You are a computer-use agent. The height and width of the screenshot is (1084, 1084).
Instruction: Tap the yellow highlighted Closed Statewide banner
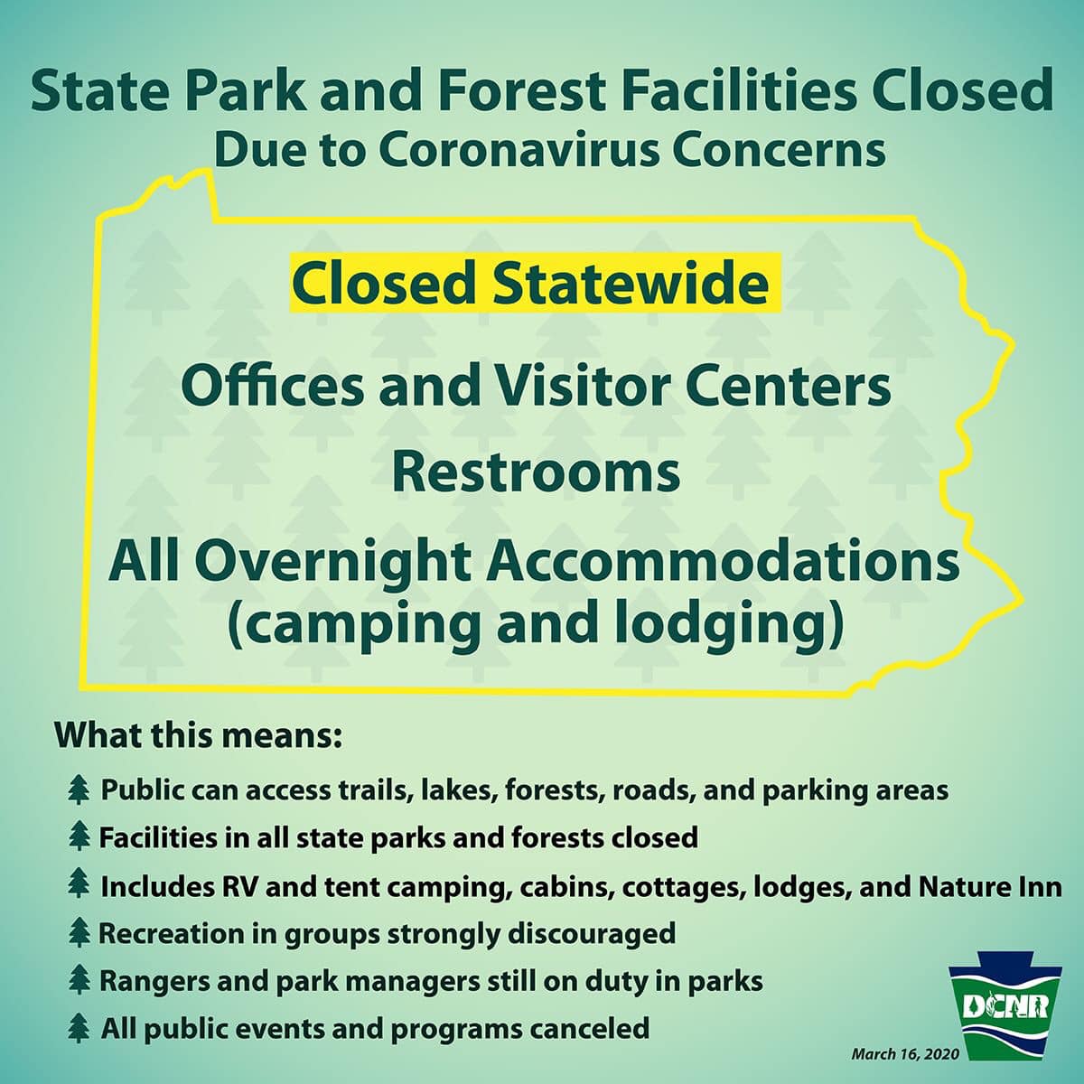click(536, 283)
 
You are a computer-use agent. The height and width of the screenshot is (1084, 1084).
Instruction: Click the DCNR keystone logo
click(1005, 1005)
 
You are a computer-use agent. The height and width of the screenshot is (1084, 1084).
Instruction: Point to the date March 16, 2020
click(905, 1053)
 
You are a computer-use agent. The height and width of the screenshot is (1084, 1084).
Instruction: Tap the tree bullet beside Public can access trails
click(79, 790)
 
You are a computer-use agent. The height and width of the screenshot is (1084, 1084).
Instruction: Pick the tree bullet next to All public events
click(79, 1029)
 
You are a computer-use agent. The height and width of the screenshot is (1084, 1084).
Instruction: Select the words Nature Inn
click(991, 886)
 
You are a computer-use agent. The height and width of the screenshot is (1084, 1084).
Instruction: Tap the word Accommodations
click(723, 561)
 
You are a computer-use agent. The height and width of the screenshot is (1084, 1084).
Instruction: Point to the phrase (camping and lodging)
click(536, 626)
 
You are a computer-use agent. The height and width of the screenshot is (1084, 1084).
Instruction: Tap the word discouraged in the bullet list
click(592, 934)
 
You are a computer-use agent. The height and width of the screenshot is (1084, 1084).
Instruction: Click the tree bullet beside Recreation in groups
click(79, 934)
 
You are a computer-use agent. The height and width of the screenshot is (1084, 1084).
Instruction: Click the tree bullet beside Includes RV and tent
click(79, 886)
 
